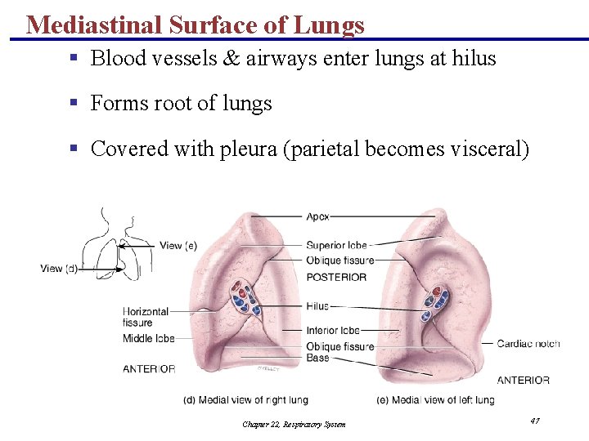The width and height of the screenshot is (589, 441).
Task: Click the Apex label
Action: point(318,216)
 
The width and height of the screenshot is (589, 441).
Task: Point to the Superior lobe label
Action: point(336,245)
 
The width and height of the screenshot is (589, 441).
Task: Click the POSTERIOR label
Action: point(336,277)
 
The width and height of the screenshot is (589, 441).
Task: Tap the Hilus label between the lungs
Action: point(318,306)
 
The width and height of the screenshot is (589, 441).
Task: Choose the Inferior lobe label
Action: point(333,331)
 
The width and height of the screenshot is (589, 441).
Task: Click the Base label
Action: point(317,358)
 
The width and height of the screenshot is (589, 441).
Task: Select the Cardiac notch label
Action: point(528,343)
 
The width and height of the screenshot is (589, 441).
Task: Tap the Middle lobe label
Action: point(149,338)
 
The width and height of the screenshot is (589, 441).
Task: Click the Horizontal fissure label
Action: point(146,317)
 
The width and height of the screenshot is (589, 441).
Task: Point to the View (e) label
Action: point(178,245)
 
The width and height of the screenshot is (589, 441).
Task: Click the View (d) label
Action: point(59,269)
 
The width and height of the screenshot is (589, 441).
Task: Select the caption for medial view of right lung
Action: point(245,400)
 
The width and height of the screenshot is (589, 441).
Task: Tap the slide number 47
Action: point(534,421)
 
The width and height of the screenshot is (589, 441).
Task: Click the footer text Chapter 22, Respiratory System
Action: point(294,424)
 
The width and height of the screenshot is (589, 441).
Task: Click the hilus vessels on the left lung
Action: point(434,304)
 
